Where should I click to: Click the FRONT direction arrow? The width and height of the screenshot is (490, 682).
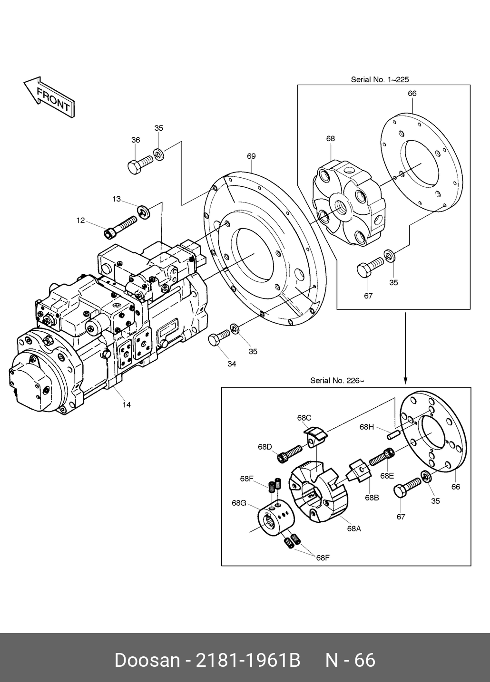pyautogui.click(x=49, y=97)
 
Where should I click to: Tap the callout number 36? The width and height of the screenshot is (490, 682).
pyautogui.click(x=136, y=140)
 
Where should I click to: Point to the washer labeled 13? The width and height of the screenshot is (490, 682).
pyautogui.click(x=143, y=212)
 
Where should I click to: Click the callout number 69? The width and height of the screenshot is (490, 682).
pyautogui.click(x=251, y=156)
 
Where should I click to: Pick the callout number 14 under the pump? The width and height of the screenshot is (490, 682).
pyautogui.click(x=127, y=404)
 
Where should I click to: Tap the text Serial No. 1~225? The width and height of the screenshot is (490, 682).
pyautogui.click(x=380, y=79)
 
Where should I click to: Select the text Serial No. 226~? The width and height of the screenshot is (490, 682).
pyautogui.click(x=337, y=380)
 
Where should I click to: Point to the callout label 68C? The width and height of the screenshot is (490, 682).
pyautogui.click(x=304, y=418)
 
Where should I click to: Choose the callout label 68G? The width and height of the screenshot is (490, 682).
pyautogui.click(x=239, y=503)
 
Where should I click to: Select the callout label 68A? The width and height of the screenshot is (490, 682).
pyautogui.click(x=354, y=528)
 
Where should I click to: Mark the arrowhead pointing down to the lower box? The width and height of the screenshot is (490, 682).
pyautogui.click(x=405, y=381)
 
